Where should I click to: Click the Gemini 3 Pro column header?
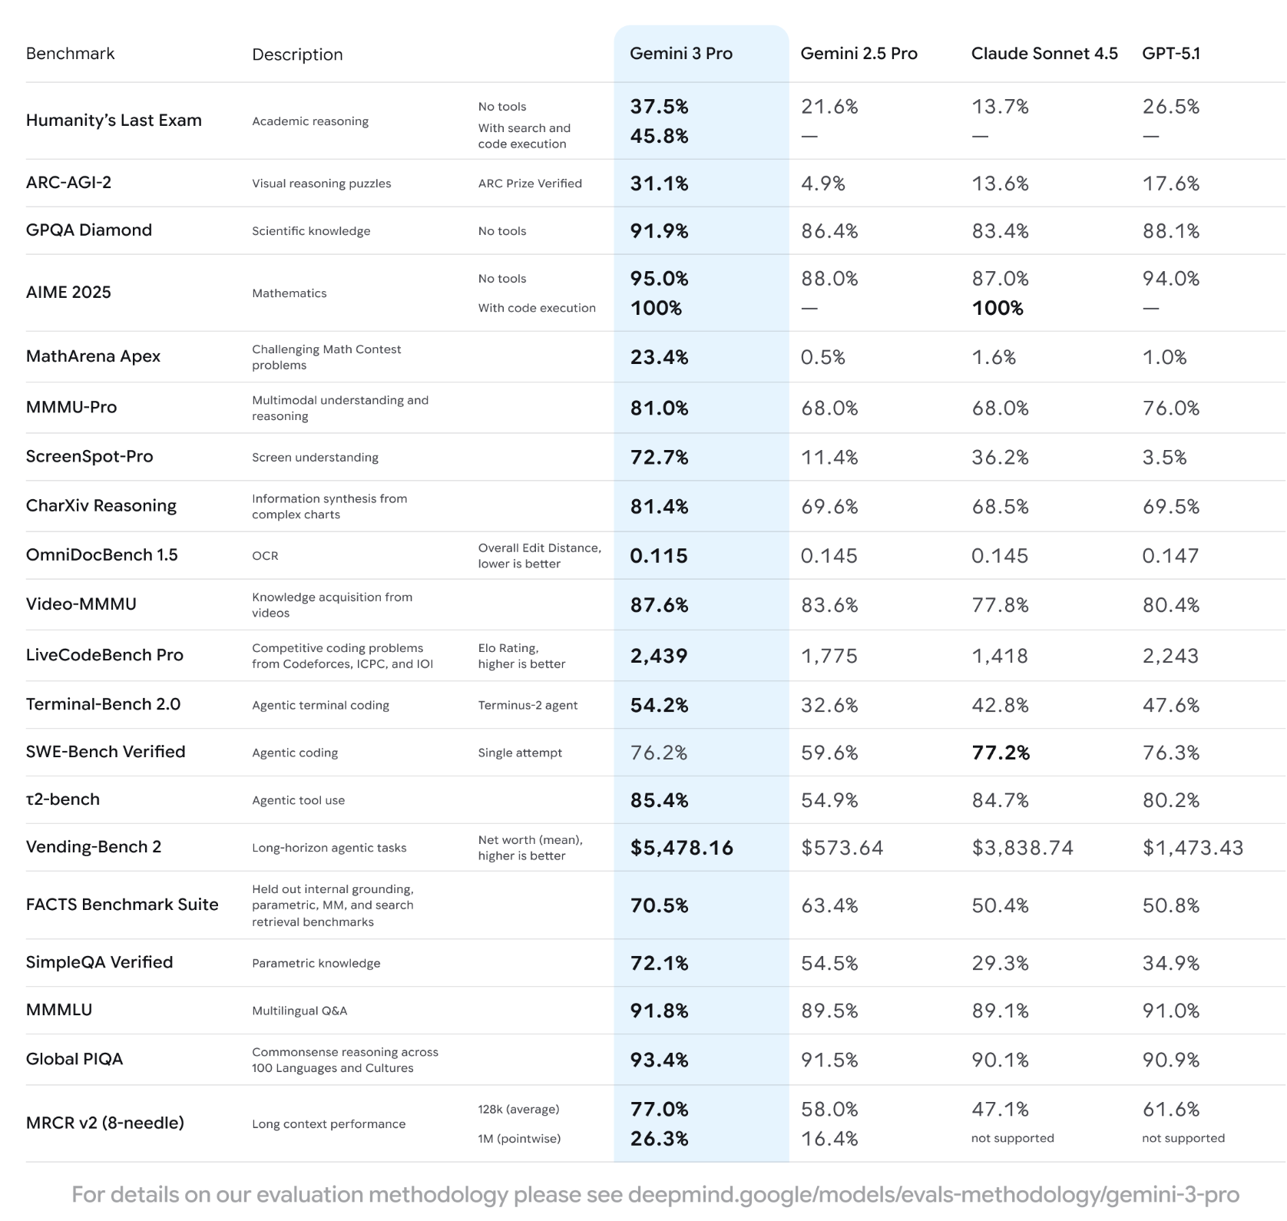680,54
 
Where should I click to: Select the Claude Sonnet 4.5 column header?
1044,54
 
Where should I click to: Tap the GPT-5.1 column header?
1170,54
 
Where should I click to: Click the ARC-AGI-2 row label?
68,183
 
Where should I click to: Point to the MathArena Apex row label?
93,356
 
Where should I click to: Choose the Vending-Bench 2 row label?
93,847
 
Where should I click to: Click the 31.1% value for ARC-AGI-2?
659,184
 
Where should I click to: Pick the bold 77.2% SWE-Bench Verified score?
1001,753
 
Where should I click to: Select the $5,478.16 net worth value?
681,848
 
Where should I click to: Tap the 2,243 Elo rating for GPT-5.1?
1170,656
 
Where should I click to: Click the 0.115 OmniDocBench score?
658,556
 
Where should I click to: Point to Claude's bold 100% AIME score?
997,308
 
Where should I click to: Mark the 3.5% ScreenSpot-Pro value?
1164,458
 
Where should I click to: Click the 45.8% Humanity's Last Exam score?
659,136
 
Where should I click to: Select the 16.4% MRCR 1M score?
829,1138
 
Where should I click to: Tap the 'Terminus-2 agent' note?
528,705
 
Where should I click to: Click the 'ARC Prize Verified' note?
530,184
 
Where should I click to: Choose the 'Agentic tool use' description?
298,800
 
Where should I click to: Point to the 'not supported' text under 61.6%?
1183,1138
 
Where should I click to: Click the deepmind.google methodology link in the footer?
933,1195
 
